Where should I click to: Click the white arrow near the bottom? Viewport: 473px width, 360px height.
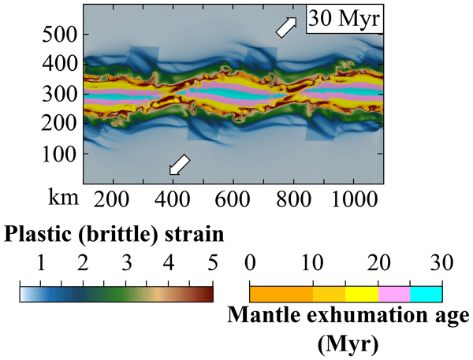coord(181,164)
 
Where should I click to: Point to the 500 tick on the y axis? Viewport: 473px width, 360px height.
coord(61,35)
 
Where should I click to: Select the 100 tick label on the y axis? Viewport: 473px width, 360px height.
coord(61,154)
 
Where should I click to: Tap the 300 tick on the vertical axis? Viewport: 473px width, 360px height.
coord(61,95)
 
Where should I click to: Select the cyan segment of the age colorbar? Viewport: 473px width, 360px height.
coord(426,294)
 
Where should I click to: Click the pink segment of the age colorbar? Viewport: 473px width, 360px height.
coord(393,294)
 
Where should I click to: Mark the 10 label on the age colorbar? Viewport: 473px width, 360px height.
coord(314,262)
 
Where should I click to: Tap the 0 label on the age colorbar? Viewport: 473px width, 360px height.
coord(250,262)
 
